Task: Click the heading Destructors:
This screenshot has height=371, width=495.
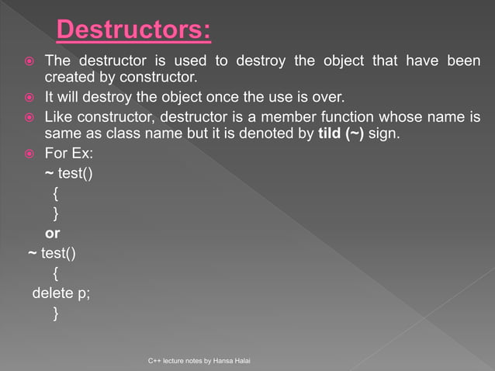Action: click(x=133, y=32)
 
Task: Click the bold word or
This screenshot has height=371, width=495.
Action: click(x=53, y=233)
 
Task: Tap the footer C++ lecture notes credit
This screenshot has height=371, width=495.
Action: click(x=206, y=362)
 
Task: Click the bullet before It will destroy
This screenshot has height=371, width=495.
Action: click(x=28, y=98)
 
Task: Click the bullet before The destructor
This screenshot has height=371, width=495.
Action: click(x=28, y=61)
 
